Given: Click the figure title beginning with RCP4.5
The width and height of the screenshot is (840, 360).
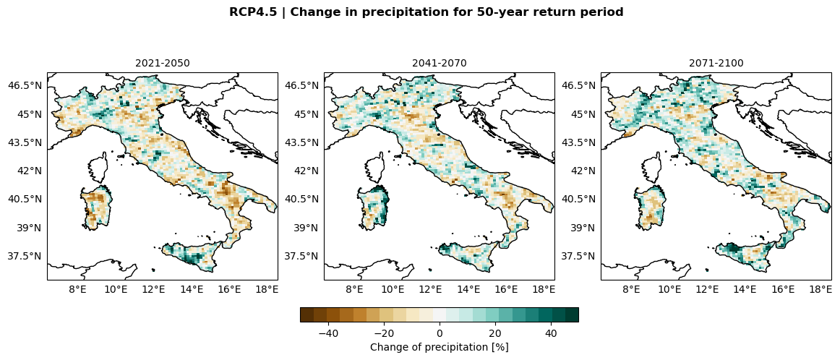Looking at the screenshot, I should [426, 12].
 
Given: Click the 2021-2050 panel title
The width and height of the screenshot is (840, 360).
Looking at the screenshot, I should [163, 63].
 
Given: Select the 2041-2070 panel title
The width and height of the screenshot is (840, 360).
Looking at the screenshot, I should [440, 63].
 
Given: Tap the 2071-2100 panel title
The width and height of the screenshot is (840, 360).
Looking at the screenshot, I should [716, 63].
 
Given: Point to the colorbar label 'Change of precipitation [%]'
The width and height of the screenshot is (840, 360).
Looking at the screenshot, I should [439, 347].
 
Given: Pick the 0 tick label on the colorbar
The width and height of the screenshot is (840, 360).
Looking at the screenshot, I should [440, 333].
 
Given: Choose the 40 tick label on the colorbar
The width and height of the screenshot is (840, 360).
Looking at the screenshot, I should [551, 333].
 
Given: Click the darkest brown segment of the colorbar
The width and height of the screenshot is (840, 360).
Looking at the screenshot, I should [307, 314].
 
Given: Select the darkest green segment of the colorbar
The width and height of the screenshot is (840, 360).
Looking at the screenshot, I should [572, 314].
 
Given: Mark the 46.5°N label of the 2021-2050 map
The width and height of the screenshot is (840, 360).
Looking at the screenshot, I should [25, 85].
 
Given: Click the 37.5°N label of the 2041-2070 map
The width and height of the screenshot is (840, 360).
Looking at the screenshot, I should [302, 256].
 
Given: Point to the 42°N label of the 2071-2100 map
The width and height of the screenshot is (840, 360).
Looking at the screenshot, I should [579, 171].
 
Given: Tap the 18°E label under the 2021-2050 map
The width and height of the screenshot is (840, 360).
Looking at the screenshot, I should [267, 290].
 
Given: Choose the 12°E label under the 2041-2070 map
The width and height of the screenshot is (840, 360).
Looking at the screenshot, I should [431, 290].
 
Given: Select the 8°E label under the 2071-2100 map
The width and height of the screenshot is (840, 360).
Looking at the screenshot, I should [632, 290].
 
